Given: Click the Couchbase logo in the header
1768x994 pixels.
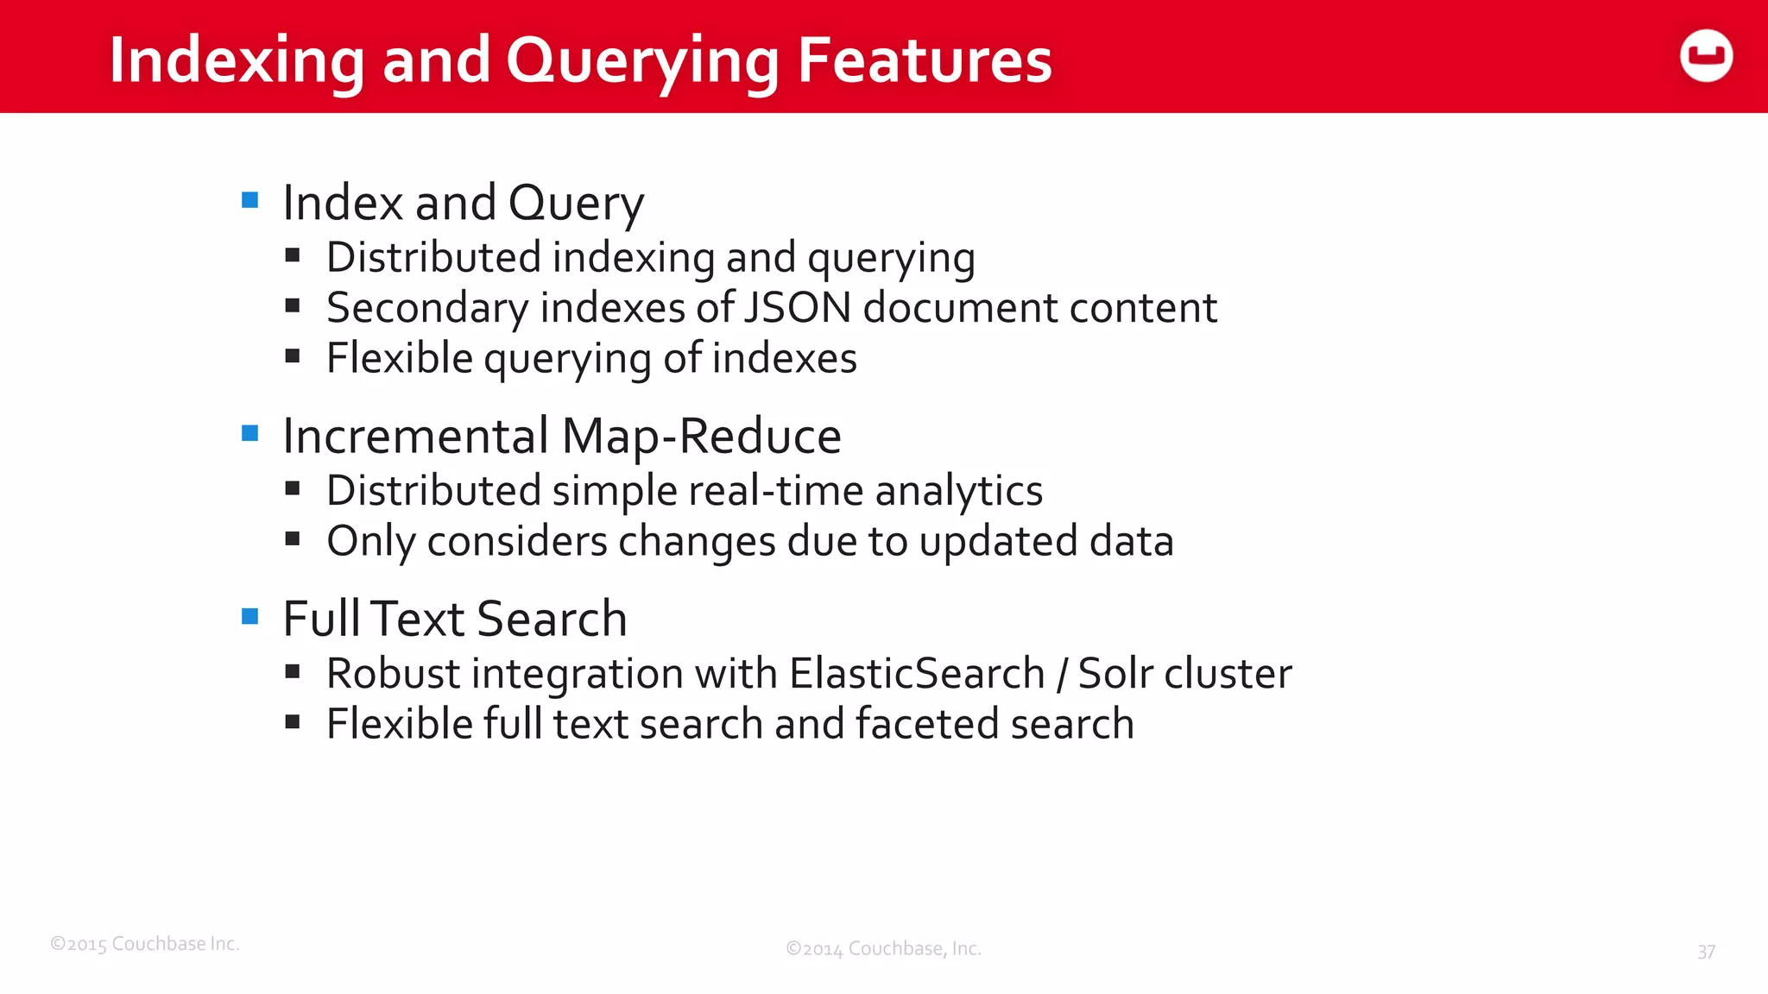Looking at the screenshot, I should point(1706,56).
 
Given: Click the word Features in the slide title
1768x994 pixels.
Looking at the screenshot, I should point(925,60).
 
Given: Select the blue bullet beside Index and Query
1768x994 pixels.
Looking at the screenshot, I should point(250,201).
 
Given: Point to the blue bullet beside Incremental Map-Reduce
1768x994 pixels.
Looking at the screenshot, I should point(250,433).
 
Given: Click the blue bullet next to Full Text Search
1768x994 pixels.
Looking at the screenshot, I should point(250,616).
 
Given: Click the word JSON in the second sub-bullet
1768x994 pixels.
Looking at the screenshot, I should point(798,308).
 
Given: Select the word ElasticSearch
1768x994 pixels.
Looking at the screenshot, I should point(917,673).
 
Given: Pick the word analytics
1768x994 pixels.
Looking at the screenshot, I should point(958,491).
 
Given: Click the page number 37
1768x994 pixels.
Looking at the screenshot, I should point(1706,952).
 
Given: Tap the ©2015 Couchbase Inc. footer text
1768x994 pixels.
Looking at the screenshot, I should point(145,944).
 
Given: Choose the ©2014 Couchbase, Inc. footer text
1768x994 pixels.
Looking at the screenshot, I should point(883,949).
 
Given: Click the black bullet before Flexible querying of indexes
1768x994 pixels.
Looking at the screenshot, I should point(293,355).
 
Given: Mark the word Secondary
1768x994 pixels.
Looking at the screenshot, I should point(427,308).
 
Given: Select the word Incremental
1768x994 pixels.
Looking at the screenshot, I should point(416,436).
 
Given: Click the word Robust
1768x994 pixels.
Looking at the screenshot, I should point(393,673).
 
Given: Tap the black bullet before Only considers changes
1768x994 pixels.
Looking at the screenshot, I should point(293,539).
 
